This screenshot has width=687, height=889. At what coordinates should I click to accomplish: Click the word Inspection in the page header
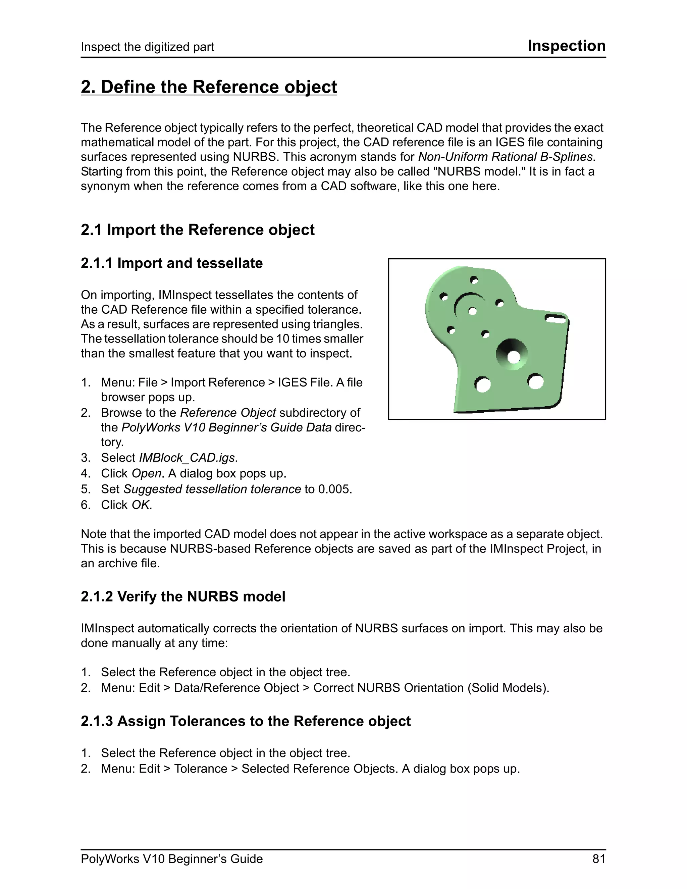click(566, 46)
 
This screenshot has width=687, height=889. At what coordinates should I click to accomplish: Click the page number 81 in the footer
click(599, 859)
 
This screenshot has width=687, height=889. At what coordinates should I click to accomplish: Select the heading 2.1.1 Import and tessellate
click(171, 263)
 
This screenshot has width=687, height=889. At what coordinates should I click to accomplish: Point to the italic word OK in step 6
click(141, 505)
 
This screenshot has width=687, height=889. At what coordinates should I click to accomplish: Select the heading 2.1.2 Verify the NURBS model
click(183, 597)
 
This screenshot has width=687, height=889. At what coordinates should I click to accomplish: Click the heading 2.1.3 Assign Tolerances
click(246, 721)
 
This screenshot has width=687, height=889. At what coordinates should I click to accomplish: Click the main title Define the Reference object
click(209, 87)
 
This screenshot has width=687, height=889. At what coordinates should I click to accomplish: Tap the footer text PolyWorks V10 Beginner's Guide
click(171, 859)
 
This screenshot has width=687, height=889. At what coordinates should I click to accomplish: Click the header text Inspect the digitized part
click(147, 47)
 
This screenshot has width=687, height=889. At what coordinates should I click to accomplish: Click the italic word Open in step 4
click(147, 474)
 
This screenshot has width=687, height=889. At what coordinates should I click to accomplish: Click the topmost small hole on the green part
click(474, 280)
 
